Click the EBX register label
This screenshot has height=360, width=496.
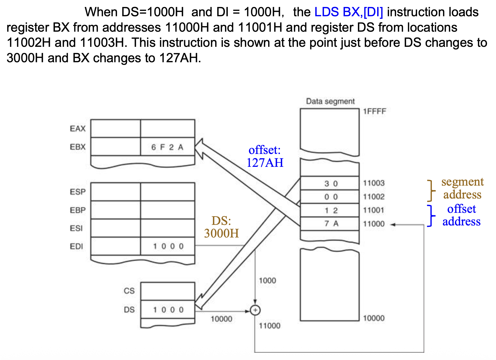[x=78, y=147]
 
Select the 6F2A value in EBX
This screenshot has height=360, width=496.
[x=167, y=147]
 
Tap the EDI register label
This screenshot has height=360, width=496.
[x=77, y=246]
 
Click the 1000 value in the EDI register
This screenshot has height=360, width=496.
[x=168, y=246]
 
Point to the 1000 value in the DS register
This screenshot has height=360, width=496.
[x=168, y=310]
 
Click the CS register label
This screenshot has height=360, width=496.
[x=129, y=291]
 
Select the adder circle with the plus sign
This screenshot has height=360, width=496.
[x=255, y=310]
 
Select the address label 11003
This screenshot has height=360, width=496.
[x=374, y=183]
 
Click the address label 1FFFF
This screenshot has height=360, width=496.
[x=374, y=111]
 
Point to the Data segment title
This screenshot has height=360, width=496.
[x=330, y=101]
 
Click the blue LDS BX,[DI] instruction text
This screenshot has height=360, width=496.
[x=349, y=12]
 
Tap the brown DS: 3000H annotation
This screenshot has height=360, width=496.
[x=221, y=227]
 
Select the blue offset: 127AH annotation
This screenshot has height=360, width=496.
[x=265, y=156]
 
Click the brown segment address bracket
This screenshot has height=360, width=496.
[x=431, y=191]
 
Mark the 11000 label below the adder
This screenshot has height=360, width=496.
[x=269, y=326]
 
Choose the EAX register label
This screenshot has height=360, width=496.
[x=78, y=129]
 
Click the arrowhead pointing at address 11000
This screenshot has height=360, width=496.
[x=393, y=225]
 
